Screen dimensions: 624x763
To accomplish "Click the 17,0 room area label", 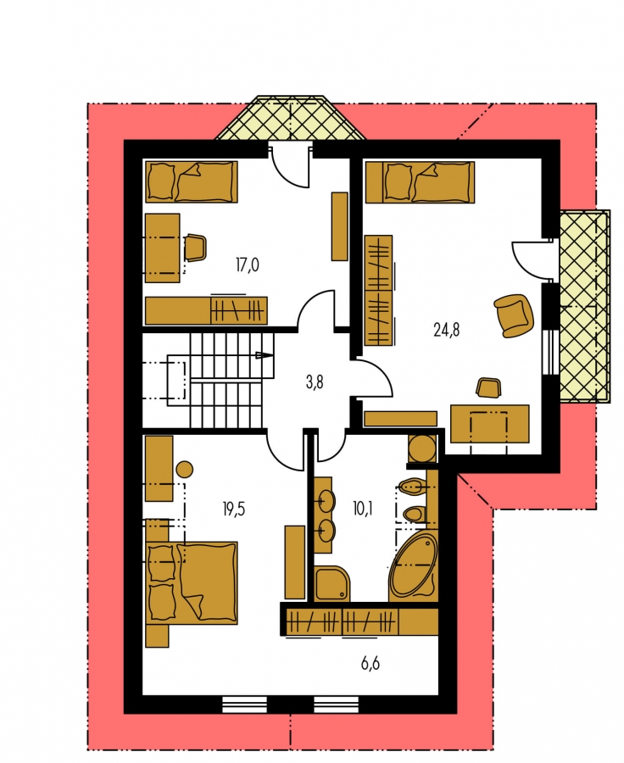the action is (248, 265).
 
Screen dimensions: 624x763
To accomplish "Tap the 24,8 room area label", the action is (446, 331).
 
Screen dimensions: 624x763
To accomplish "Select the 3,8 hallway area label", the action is (315, 383).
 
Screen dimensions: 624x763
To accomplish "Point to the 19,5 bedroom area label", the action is (234, 510).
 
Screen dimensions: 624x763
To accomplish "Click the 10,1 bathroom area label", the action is (363, 510).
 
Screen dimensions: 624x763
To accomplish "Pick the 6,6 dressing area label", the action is (370, 663).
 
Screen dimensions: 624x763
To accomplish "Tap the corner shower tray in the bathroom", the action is (332, 583).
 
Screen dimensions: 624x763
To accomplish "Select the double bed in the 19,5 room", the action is (192, 582).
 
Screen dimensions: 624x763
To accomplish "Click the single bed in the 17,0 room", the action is (192, 182).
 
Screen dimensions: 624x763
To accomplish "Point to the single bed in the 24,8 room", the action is (420, 182).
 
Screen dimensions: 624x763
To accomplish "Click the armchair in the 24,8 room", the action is (514, 315).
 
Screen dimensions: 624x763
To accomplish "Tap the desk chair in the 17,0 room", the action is (196, 248).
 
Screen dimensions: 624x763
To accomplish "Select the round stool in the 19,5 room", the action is (184, 470).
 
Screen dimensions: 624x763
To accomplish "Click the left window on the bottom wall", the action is (245, 703).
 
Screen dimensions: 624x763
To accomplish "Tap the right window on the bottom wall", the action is (337, 703).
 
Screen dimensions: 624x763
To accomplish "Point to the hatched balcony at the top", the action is (291, 118).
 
